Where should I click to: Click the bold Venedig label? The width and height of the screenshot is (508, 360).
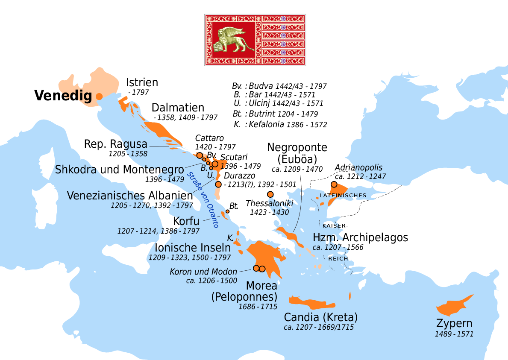point(63,96)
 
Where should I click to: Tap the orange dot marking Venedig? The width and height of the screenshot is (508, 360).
point(99,96)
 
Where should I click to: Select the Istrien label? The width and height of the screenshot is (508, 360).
point(142,82)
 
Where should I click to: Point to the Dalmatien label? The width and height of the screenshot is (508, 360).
point(178,108)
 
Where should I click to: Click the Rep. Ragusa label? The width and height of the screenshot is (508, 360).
point(116,144)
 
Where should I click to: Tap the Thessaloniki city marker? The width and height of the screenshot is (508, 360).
point(270,194)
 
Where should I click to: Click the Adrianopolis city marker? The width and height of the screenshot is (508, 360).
point(334,184)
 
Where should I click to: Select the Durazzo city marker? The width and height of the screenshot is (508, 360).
point(218,184)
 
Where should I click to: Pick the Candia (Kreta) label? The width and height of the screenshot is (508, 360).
point(320,317)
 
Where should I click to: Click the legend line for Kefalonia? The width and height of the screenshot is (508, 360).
point(280,125)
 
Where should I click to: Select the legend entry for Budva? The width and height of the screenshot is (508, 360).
point(279,86)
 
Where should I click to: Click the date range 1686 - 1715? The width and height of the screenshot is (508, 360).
point(258,307)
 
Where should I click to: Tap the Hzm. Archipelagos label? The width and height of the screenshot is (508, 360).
point(360,237)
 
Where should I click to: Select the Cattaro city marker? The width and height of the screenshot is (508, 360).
point(200,155)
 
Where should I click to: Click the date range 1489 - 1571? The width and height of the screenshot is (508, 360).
point(454,334)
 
